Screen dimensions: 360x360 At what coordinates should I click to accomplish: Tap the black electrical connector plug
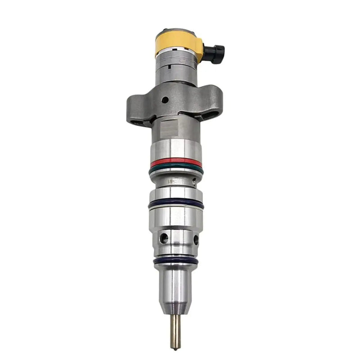(x=215, y=53)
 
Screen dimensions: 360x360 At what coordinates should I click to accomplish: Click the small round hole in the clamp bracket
(x=166, y=99)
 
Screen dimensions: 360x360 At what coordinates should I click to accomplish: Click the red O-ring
(x=176, y=162)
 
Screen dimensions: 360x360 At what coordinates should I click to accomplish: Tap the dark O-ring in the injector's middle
(x=176, y=203)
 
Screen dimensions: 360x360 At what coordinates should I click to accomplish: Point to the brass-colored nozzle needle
(x=175, y=331)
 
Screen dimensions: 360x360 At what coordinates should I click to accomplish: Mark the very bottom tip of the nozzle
(x=175, y=348)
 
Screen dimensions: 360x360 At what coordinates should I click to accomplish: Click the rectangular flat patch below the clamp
(x=170, y=128)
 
